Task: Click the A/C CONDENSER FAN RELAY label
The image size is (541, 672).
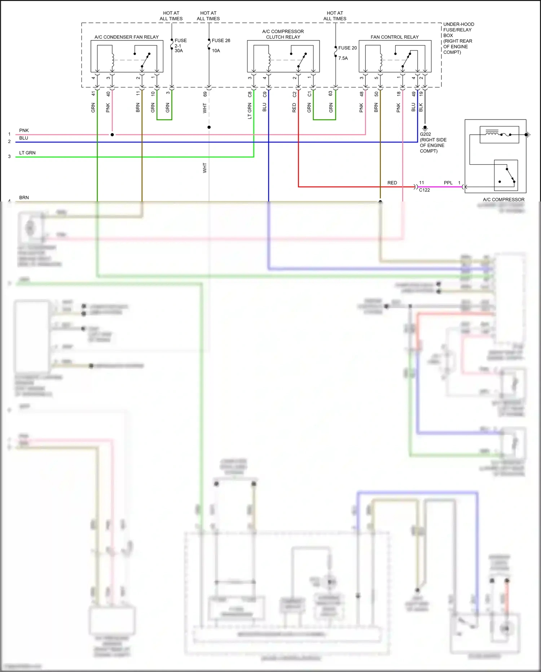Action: point(127,37)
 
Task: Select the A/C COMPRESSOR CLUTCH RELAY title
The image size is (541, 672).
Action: point(283,34)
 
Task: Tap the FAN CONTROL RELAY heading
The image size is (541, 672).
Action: point(395,37)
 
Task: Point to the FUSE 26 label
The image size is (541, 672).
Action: point(221,40)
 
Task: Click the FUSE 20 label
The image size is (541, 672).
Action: point(347,48)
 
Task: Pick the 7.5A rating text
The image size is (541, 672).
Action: point(343,58)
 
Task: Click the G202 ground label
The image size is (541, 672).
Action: point(425,134)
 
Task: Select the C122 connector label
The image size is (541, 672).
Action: point(424,190)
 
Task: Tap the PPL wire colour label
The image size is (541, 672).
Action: point(448,183)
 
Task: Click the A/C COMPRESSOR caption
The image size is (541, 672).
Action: point(503,199)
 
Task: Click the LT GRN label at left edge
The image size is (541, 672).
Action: point(27,153)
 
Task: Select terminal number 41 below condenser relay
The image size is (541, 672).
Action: point(93,94)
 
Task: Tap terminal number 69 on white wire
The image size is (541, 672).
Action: point(205,94)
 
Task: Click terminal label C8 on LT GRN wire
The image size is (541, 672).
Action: point(250,94)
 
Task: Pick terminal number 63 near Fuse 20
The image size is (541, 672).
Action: point(330,93)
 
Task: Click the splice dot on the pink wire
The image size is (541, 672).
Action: point(112,135)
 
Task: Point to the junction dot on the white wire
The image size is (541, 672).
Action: point(209,127)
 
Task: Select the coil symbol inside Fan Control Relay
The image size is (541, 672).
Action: point(381,60)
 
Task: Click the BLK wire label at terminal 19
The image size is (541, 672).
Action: point(421,107)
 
